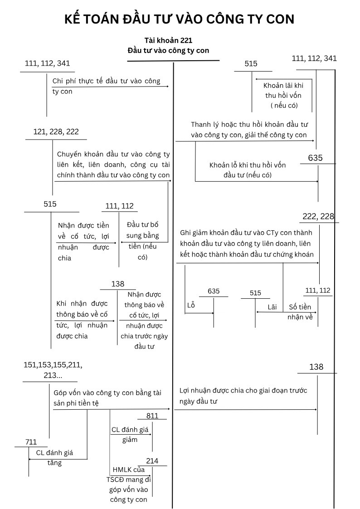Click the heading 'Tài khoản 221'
point(168,40)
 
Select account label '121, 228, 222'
point(56,131)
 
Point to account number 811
point(153,416)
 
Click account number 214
point(152,461)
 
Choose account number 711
point(31,442)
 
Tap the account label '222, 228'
point(318,217)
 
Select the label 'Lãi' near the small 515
point(272,307)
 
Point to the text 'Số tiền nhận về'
point(300,312)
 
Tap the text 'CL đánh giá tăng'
point(54,457)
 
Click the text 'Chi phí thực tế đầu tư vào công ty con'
point(106,86)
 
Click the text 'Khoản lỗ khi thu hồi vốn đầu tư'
point(248,170)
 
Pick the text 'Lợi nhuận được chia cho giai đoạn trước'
point(243,396)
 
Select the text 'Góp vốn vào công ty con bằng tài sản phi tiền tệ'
point(107,398)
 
